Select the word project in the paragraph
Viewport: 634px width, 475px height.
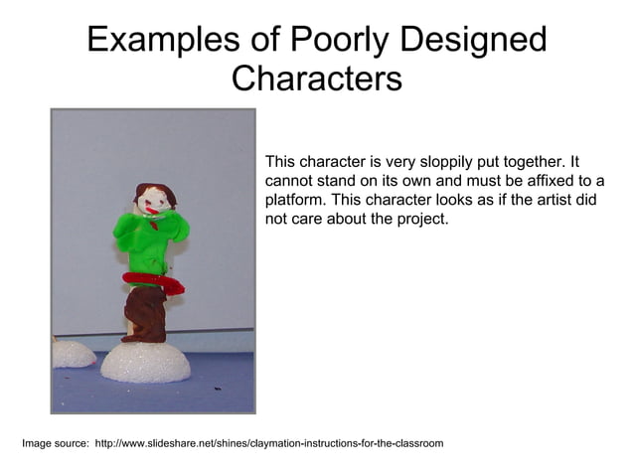(x=422, y=219)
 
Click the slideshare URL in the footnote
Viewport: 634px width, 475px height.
(x=268, y=442)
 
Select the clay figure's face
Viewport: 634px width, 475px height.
(x=150, y=204)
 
